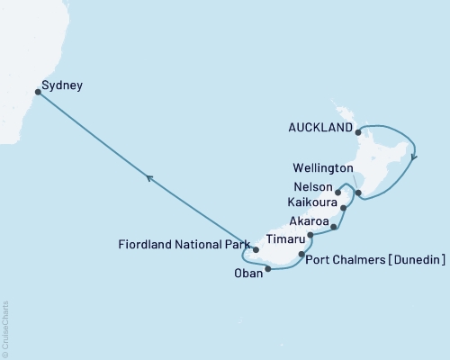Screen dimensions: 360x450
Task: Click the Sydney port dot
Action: click(37, 91)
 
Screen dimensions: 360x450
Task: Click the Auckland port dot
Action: click(359, 132)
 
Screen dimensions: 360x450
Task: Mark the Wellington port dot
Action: click(358, 193)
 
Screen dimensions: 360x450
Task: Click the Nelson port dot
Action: click(338, 191)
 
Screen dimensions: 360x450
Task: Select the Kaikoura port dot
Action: click(345, 208)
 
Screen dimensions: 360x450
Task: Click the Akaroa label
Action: click(307, 221)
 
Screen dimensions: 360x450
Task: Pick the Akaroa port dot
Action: click(334, 227)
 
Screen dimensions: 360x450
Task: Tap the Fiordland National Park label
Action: click(183, 244)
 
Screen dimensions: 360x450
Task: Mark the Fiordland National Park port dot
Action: click(256, 249)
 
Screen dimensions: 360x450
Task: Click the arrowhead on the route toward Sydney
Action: click(149, 178)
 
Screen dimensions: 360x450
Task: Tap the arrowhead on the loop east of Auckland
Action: click(413, 156)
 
